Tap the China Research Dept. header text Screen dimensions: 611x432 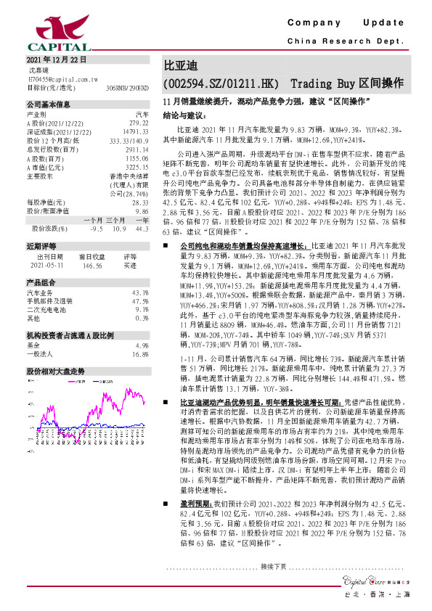(x=346, y=41)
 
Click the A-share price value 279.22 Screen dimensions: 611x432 (x=139, y=123)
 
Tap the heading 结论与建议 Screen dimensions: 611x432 (x=184, y=114)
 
